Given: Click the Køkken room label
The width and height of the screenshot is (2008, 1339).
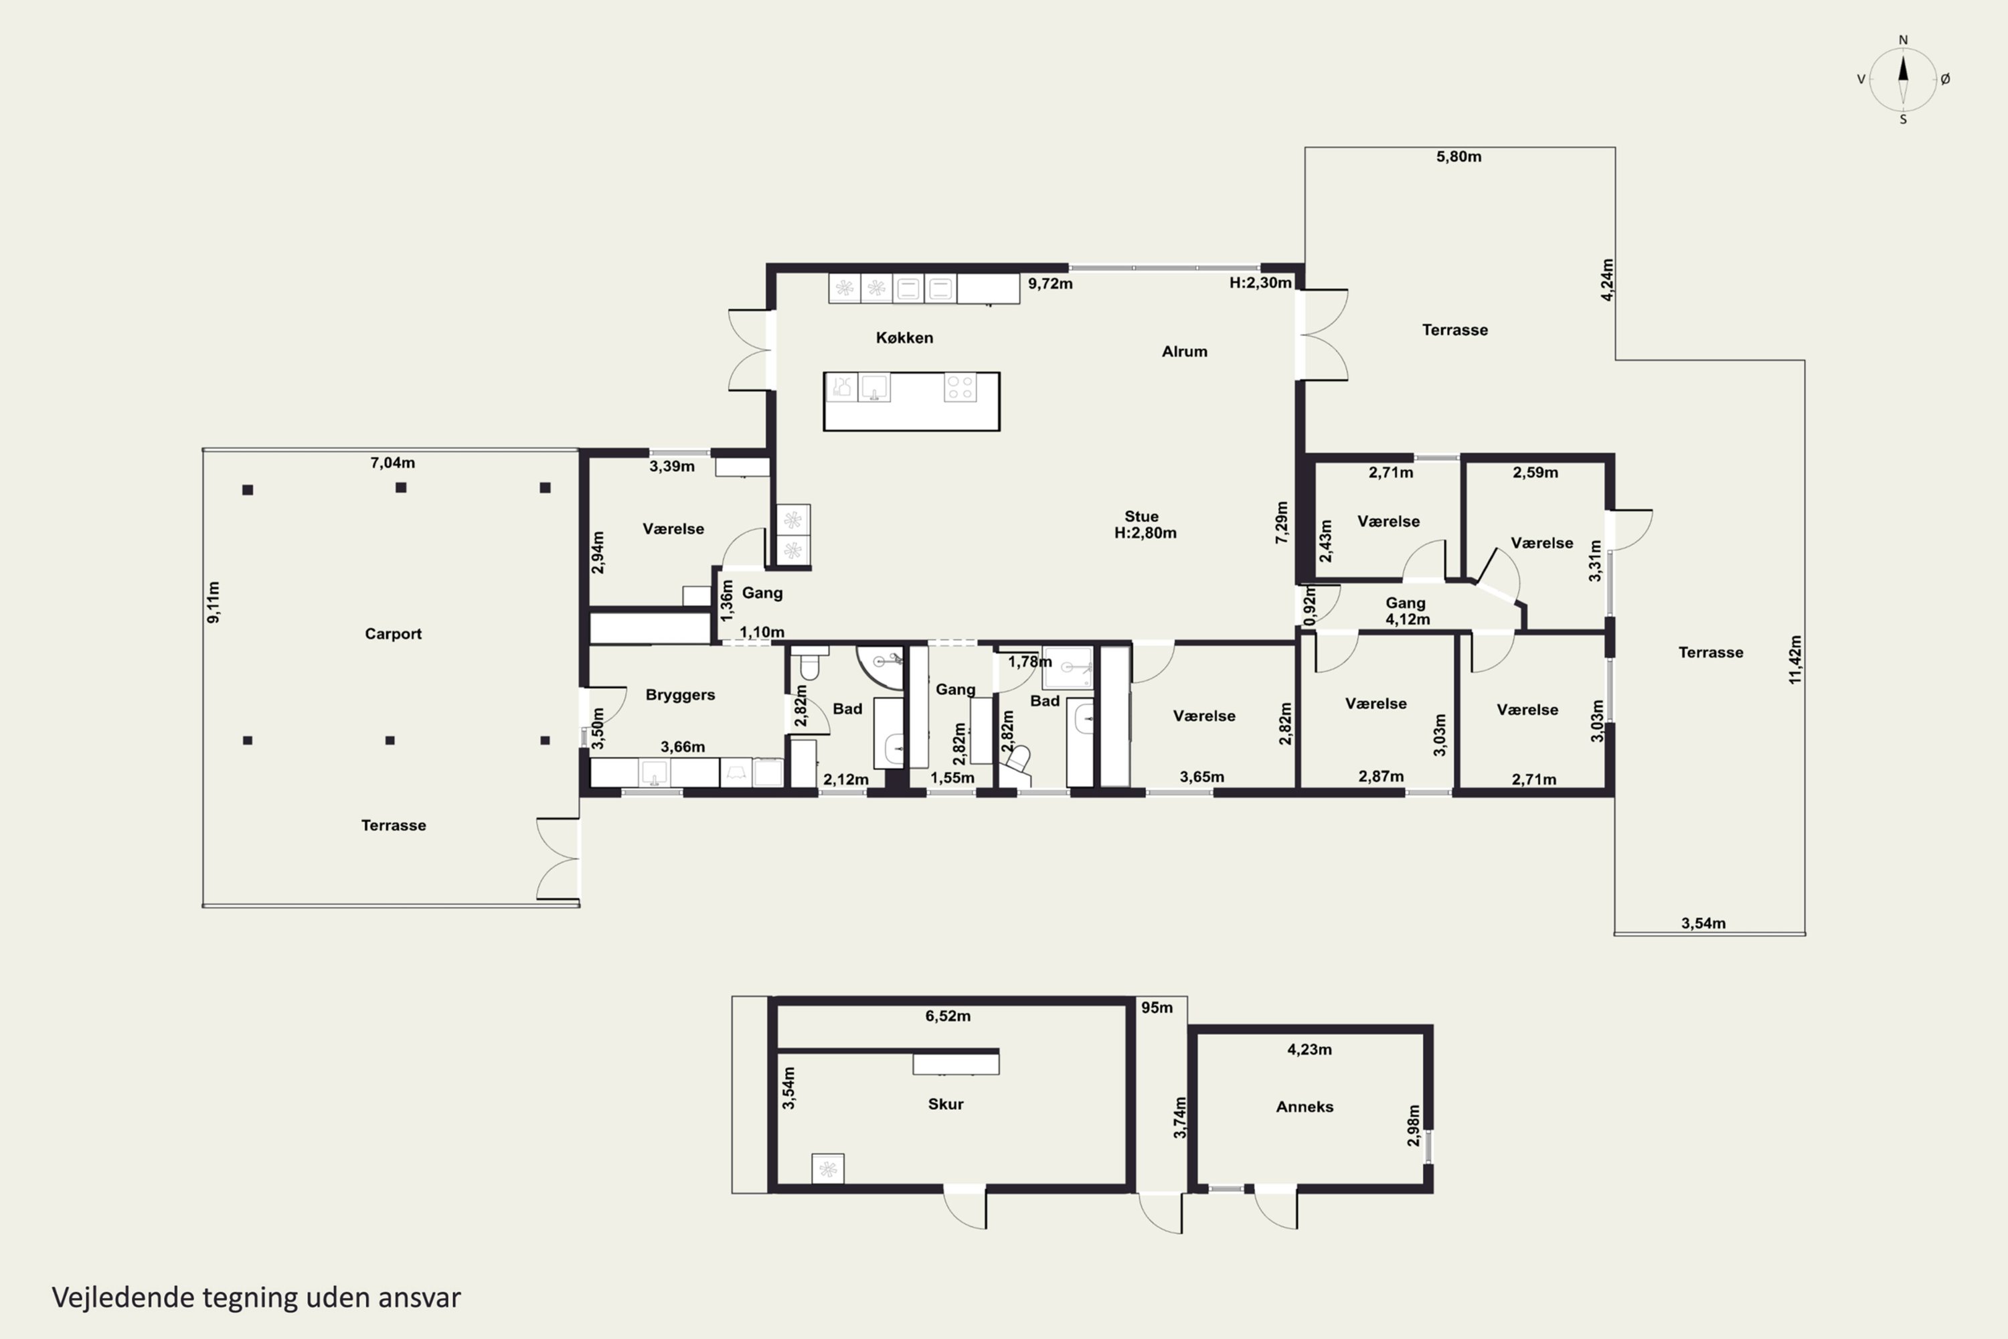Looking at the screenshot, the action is [904, 337].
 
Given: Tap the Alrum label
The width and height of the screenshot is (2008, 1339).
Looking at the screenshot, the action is [1184, 351].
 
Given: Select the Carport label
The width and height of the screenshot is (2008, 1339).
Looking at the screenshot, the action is [393, 633].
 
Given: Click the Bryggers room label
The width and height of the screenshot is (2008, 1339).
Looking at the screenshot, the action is [679, 695].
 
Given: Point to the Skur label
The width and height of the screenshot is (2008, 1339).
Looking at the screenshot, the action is [945, 1104].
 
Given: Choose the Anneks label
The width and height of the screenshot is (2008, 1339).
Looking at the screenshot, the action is [1305, 1107].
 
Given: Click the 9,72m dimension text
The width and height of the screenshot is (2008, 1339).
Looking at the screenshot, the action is [1050, 283].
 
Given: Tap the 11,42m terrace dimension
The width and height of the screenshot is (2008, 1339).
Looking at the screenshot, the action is [1794, 659].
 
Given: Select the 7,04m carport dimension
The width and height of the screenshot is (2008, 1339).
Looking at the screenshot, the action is [393, 463].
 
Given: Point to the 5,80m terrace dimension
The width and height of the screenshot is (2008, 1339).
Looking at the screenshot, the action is [1458, 156].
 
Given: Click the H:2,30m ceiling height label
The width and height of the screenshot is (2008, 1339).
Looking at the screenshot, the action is [1260, 283].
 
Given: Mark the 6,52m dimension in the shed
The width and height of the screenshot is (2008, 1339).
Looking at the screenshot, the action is [948, 1016].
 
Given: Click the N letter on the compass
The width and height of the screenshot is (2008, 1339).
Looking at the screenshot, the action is [1903, 40].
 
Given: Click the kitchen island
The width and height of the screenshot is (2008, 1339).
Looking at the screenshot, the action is [911, 401].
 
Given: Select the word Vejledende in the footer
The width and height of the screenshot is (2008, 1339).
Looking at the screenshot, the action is [123, 1297].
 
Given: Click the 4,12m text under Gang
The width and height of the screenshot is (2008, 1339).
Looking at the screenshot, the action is [1407, 619].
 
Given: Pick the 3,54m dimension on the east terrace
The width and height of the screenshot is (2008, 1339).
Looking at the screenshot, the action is [1703, 923].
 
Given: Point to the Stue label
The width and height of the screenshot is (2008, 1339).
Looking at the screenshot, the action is [1141, 517].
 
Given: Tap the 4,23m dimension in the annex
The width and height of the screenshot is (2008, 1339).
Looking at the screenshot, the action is [1310, 1050].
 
